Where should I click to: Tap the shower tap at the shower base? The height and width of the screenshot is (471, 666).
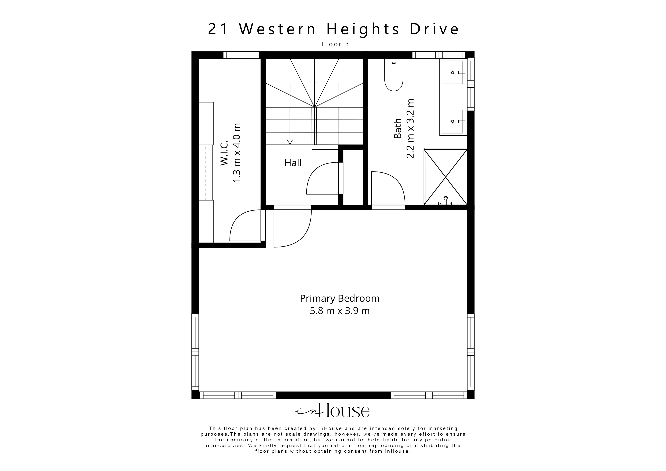446,201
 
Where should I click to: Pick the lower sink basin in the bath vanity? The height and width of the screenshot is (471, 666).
452,122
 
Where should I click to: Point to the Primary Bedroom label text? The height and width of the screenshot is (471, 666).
340,299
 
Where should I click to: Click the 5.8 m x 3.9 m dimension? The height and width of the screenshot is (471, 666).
340,311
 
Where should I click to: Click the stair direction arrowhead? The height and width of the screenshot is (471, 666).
290,142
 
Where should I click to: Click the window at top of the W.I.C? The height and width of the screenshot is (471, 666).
241,55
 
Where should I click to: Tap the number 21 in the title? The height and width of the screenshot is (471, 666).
218,29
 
